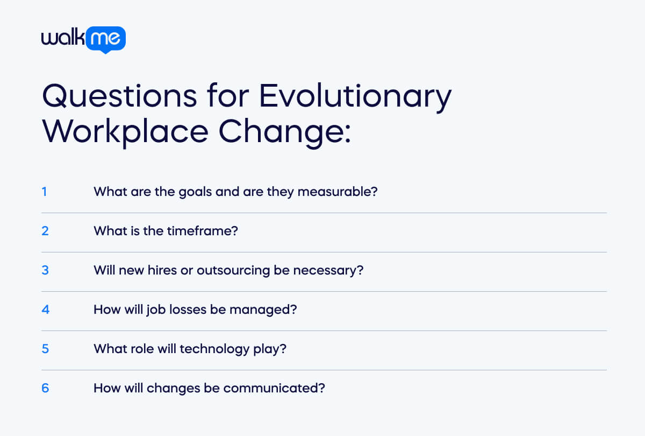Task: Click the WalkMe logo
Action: pos(83,39)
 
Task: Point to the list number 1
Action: pos(45,192)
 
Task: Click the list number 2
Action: pos(45,231)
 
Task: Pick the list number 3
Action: pos(45,270)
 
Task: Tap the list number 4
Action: pos(45,310)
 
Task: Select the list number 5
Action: pos(45,349)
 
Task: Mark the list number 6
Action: pos(45,388)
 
